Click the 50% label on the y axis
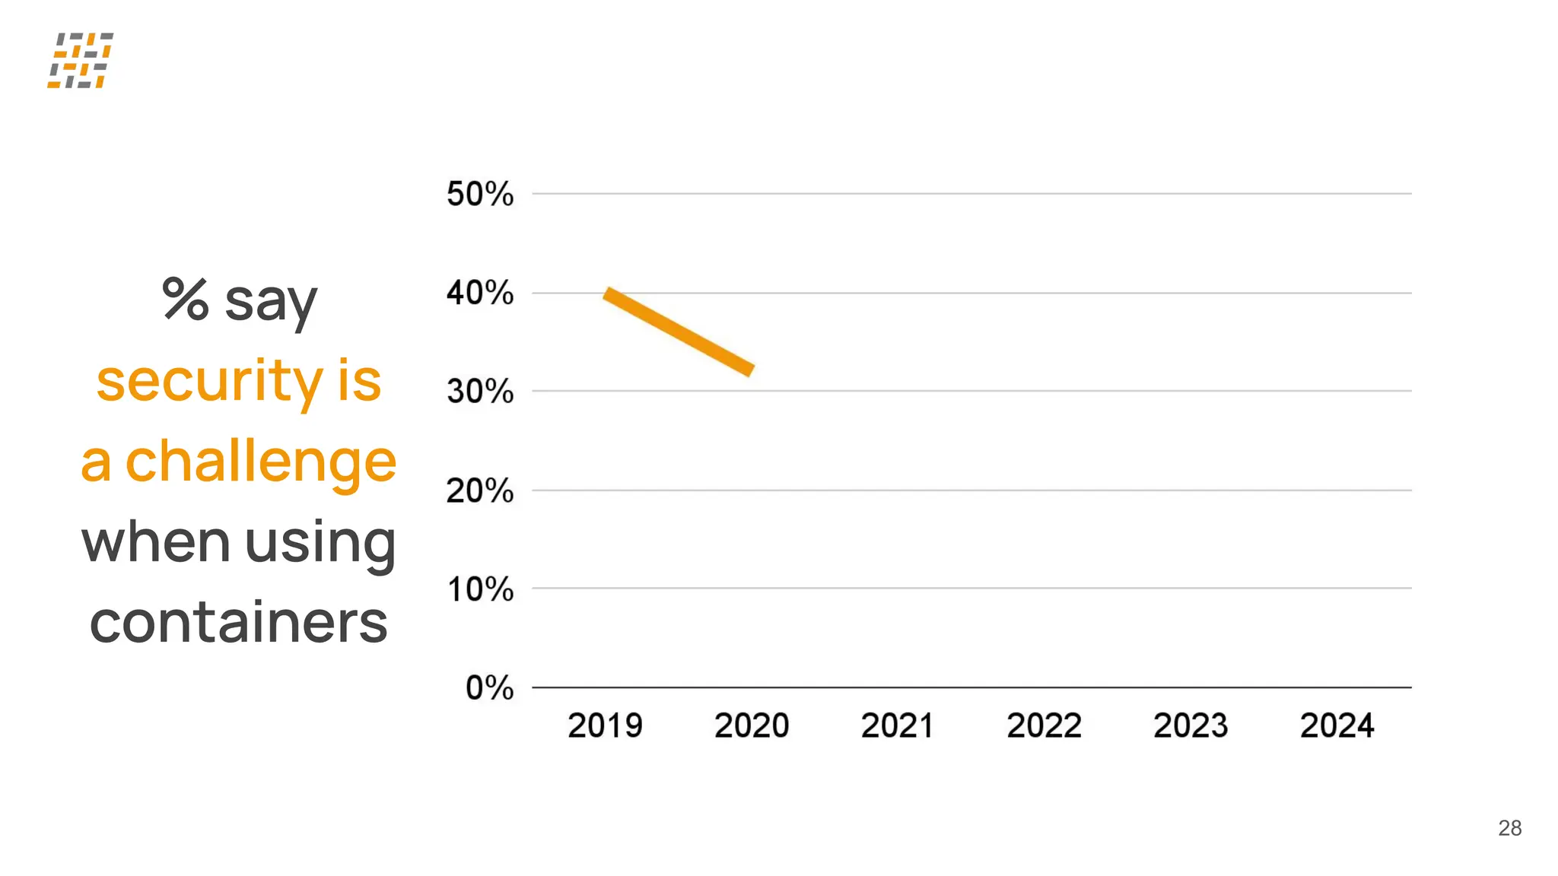point(479,194)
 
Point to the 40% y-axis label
point(479,293)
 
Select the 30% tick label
point(479,392)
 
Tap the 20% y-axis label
point(479,490)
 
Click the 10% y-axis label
point(479,589)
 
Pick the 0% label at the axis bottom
point(489,688)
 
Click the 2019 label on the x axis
point(605,725)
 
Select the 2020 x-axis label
point(752,725)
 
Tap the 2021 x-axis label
point(898,725)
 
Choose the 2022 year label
point(1044,725)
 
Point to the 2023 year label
point(1191,725)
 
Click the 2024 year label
point(1337,725)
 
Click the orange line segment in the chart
point(679,332)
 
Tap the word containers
point(238,622)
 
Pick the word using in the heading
point(320,543)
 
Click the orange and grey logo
point(81,60)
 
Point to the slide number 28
point(1509,828)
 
